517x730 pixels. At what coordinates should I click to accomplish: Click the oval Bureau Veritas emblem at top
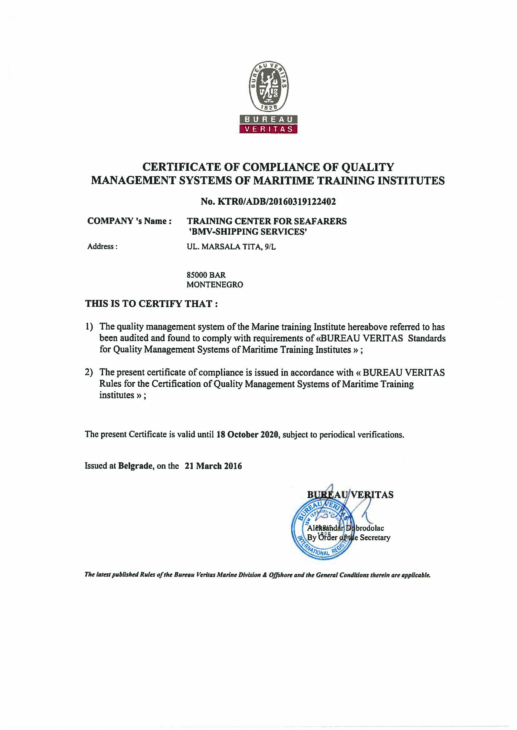click(x=268, y=86)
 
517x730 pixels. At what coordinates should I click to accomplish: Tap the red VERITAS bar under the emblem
click(x=268, y=129)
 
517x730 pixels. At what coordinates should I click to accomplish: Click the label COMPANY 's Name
click(x=130, y=221)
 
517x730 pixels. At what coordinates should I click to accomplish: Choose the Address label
click(x=102, y=246)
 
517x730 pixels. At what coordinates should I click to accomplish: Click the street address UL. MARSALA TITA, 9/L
click(x=231, y=247)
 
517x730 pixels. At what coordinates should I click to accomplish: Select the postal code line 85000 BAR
click(x=206, y=275)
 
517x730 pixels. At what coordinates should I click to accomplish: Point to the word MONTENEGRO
click(x=214, y=285)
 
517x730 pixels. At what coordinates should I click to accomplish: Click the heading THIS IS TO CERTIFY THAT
click(x=151, y=304)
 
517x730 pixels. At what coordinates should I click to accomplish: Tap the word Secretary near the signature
click(x=375, y=537)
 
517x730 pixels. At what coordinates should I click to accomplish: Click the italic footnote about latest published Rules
click(x=258, y=575)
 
